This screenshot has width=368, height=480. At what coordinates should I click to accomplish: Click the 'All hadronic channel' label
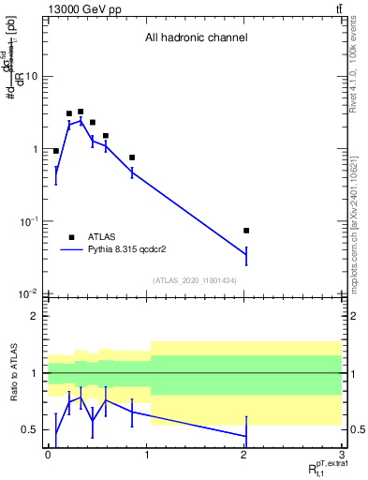pyautogui.click(x=195, y=38)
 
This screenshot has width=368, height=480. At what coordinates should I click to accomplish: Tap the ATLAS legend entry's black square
pyautogui.click(x=71, y=237)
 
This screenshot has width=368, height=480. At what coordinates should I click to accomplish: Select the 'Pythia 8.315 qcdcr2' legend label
pyautogui.click(x=134, y=250)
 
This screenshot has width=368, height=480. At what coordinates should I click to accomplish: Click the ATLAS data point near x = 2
pyautogui.click(x=246, y=231)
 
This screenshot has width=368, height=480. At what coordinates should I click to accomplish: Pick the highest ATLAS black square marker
pyautogui.click(x=81, y=112)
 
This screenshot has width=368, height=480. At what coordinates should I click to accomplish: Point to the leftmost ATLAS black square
pyautogui.click(x=56, y=151)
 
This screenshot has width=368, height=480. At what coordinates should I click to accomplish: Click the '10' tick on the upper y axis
pyautogui.click(x=31, y=77)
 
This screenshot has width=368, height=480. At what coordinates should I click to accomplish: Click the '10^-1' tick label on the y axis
pyautogui.click(x=29, y=221)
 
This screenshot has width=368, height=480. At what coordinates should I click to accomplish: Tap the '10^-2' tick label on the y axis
pyautogui.click(x=29, y=293)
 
